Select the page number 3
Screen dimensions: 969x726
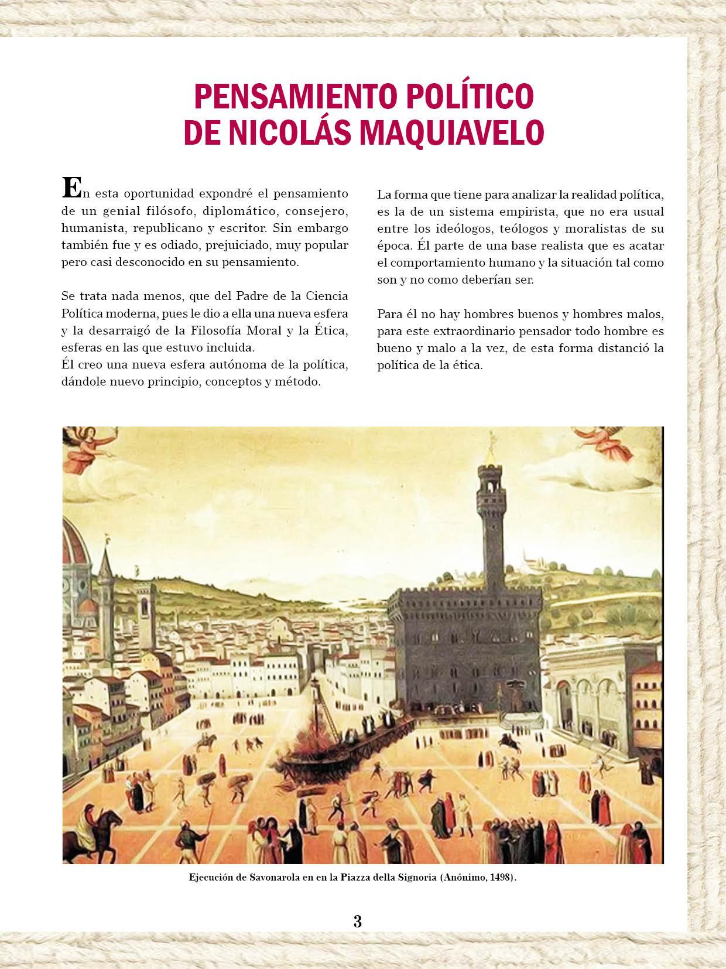(x=358, y=920)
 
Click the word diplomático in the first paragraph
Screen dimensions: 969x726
(x=232, y=210)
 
